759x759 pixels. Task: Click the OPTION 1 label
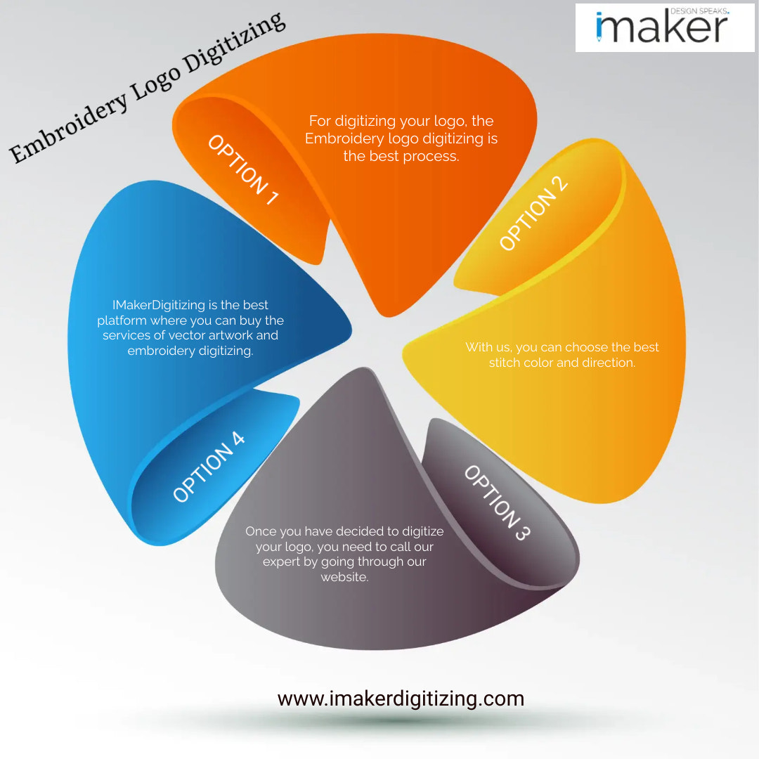tap(243, 169)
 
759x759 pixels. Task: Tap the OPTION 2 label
tap(533, 213)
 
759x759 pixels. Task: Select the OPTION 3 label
tap(497, 502)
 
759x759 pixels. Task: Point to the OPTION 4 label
tap(209, 467)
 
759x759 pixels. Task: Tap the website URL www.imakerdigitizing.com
tap(401, 699)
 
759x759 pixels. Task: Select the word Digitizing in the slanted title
tap(234, 43)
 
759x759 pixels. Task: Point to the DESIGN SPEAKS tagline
tap(699, 11)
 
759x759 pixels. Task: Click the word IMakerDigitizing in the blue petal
tap(159, 305)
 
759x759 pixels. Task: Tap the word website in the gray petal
tap(344, 577)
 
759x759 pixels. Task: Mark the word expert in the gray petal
tap(281, 562)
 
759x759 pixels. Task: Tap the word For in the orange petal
tap(320, 121)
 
